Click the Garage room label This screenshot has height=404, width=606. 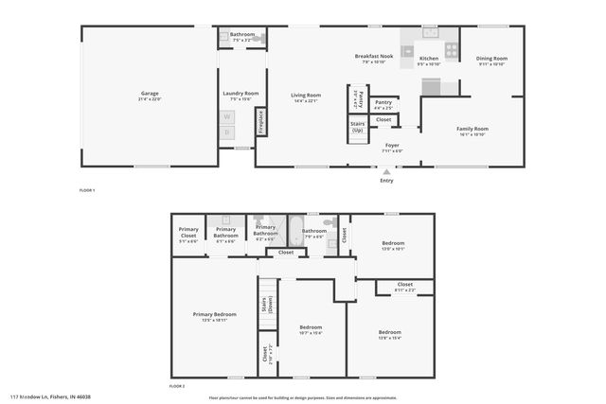[x=150, y=94]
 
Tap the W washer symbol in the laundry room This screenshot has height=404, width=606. [x=227, y=117]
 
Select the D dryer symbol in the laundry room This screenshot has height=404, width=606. [x=227, y=132]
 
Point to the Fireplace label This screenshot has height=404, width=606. [x=260, y=122]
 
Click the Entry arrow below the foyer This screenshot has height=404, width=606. [x=385, y=173]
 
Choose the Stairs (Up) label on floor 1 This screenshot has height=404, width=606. [x=357, y=127]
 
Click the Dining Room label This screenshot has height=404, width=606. [x=491, y=58]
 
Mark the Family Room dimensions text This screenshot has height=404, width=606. [x=472, y=134]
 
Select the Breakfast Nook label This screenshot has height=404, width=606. [x=374, y=58]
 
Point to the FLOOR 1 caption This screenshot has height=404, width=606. [x=87, y=191]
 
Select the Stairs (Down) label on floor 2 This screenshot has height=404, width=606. [x=266, y=306]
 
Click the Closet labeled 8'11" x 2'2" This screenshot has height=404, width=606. [x=404, y=285]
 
